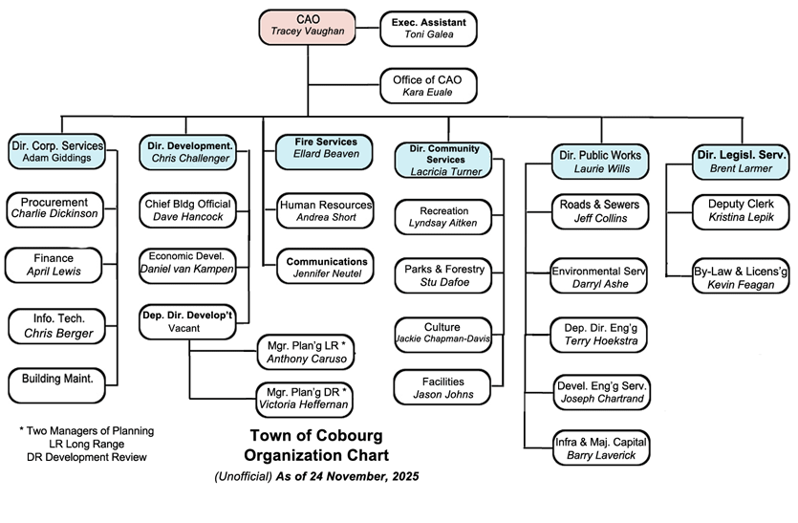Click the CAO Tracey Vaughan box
click(x=308, y=26)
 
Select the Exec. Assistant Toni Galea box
click(x=428, y=27)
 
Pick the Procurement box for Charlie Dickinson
click(x=55, y=207)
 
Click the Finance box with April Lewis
click(x=55, y=265)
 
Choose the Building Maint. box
click(x=55, y=381)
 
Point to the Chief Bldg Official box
click(x=187, y=210)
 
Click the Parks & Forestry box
click(x=445, y=275)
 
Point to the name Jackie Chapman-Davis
click(x=445, y=339)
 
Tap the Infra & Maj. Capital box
click(x=600, y=448)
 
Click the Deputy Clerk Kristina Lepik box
click(x=741, y=210)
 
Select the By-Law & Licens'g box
click(x=741, y=277)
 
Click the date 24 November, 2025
click(x=364, y=475)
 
